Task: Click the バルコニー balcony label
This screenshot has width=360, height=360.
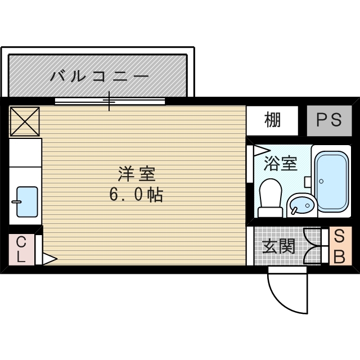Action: coord(99,75)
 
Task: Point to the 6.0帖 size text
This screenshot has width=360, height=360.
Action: coord(136,195)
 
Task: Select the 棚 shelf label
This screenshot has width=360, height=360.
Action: coord(272,120)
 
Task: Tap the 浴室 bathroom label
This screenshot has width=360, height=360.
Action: coord(280,164)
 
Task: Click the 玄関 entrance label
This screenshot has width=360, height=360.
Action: coord(278,246)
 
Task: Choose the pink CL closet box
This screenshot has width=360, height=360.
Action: coord(21,249)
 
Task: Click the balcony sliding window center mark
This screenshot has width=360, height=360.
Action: coord(110,102)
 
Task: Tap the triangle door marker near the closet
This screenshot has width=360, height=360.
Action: coord(49,259)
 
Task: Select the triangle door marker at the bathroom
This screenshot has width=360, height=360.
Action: coord(260,150)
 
